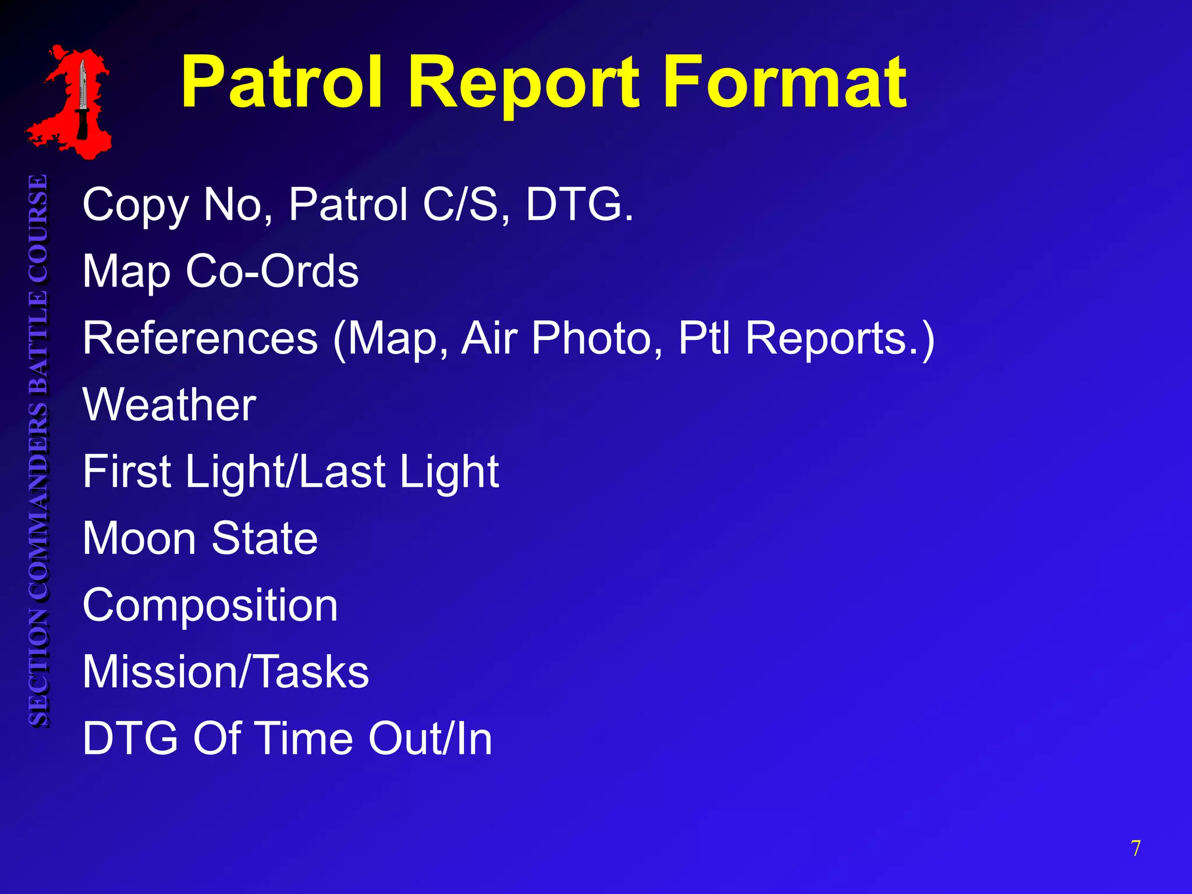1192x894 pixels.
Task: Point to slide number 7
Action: [1136, 849]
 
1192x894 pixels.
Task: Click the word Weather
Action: [169, 405]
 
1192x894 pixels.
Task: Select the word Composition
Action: [210, 605]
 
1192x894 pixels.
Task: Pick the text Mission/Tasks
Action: [226, 672]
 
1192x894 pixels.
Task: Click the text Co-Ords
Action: [272, 271]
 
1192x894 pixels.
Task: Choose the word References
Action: [200, 338]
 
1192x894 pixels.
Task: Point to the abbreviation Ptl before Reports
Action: [705, 338]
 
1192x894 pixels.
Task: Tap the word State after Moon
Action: [264, 538]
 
